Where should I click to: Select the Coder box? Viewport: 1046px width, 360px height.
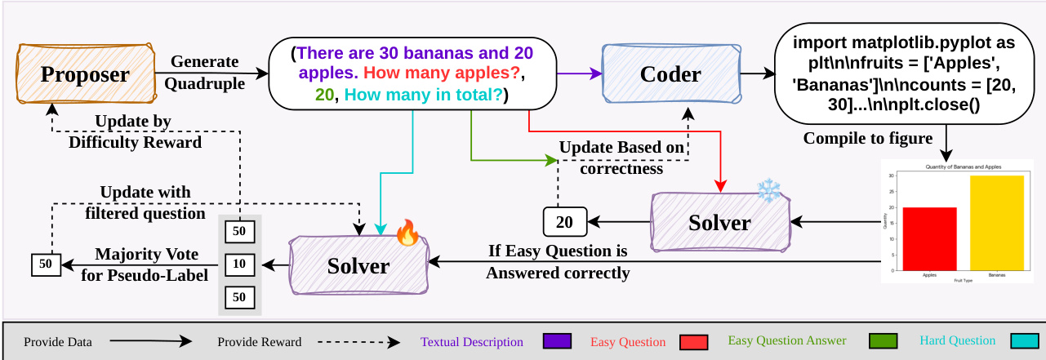tap(670, 74)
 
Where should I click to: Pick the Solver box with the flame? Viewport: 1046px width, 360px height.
tap(358, 265)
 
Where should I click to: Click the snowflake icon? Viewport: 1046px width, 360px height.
tap(768, 191)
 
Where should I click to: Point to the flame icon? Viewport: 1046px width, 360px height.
tap(406, 233)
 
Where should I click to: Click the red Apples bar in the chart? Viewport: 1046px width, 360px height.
tap(929, 238)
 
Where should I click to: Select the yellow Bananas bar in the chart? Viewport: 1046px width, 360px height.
tap(995, 222)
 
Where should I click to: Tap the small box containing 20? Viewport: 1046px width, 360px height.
tap(563, 221)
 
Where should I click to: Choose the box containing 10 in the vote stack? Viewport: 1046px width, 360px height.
tap(239, 264)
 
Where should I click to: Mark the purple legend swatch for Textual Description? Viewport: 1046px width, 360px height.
tap(554, 341)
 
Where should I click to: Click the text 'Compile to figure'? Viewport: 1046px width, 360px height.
tap(867, 138)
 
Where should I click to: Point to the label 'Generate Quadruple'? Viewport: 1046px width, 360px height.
tap(204, 72)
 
